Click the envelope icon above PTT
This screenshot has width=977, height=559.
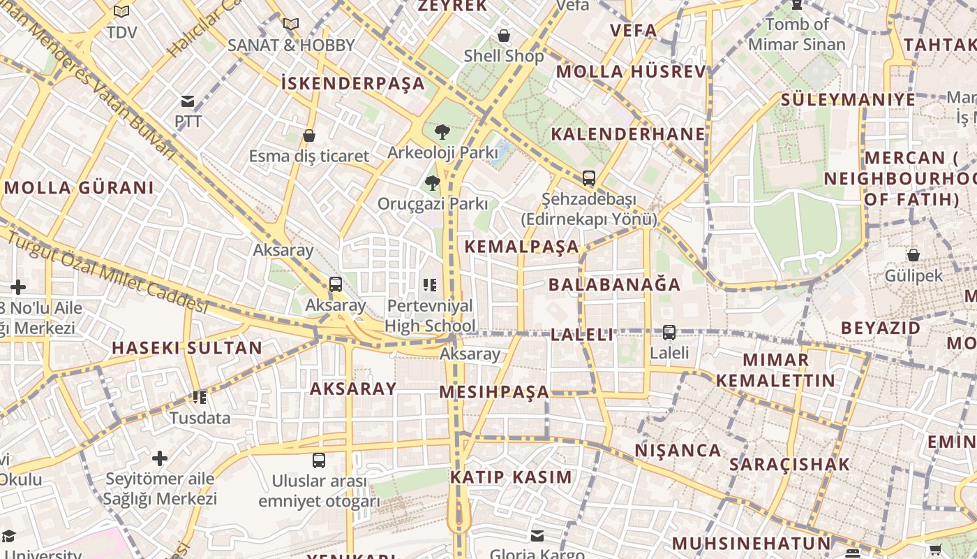pyautogui.click(x=188, y=101)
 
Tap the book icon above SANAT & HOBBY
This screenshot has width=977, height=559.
pyautogui.click(x=291, y=24)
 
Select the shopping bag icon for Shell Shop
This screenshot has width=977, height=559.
pyautogui.click(x=504, y=36)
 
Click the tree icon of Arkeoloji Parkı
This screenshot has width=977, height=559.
pyautogui.click(x=442, y=132)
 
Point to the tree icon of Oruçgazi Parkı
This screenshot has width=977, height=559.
pyautogui.click(x=432, y=184)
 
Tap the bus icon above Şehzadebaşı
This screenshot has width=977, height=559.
pyautogui.click(x=589, y=178)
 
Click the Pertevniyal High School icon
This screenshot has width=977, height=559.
pyautogui.click(x=430, y=285)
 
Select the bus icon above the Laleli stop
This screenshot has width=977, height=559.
pyautogui.click(x=669, y=333)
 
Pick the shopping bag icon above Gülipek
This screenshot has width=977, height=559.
pyautogui.click(x=913, y=255)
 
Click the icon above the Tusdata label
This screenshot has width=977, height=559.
pyautogui.click(x=200, y=398)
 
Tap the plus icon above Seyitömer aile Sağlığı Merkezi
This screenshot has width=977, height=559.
pyautogui.click(x=160, y=458)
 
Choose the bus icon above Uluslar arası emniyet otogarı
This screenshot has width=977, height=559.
pyautogui.click(x=319, y=460)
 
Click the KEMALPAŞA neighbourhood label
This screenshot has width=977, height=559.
pyautogui.click(x=522, y=247)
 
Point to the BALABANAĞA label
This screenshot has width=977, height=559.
pyautogui.click(x=614, y=284)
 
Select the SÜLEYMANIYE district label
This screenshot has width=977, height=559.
pyautogui.click(x=847, y=100)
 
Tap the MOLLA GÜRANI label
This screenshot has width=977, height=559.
pyautogui.click(x=79, y=188)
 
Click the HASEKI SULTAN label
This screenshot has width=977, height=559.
pyautogui.click(x=187, y=348)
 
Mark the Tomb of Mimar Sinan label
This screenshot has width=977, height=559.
pyautogui.click(x=796, y=34)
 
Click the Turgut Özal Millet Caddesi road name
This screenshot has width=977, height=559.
pyautogui.click(x=108, y=273)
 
